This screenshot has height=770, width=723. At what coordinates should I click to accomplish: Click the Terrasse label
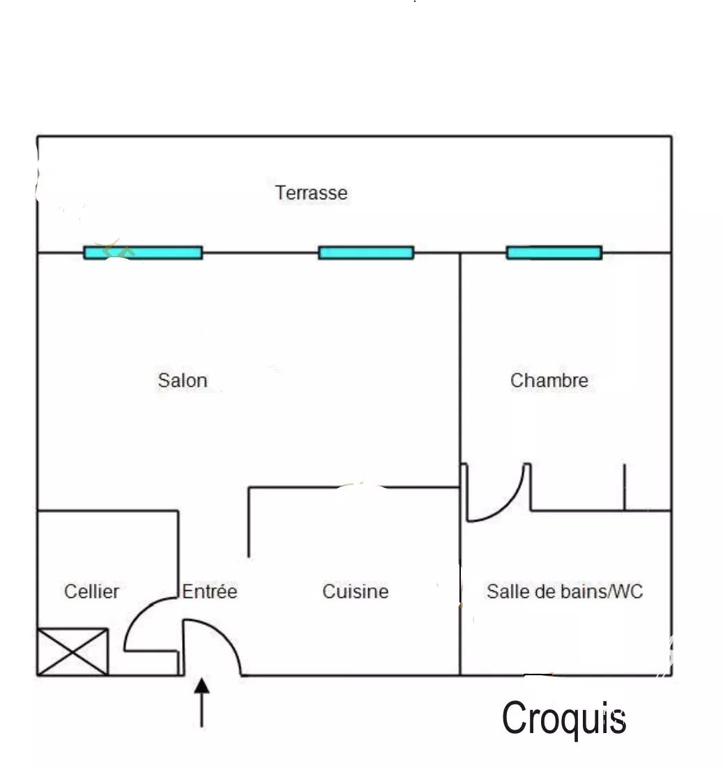(311, 192)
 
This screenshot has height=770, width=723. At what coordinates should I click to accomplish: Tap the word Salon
(183, 380)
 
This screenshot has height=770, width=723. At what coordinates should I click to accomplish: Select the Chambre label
(549, 380)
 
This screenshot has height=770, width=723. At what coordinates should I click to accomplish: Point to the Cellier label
(92, 591)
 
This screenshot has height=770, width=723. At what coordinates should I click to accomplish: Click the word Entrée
(210, 591)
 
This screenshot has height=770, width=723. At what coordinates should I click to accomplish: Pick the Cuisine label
(356, 591)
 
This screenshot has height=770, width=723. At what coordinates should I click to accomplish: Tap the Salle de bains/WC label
(565, 591)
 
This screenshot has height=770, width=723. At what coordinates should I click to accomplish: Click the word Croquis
(564, 718)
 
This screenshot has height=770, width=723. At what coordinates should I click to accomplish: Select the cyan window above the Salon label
(143, 253)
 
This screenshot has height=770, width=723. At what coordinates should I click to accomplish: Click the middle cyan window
(367, 253)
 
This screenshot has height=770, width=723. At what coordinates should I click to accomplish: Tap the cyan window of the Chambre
(554, 253)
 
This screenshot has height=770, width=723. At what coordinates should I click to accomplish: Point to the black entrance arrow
(202, 702)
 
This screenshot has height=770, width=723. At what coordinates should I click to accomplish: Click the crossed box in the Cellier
(73, 652)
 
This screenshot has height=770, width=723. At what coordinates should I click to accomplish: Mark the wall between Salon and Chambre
(460, 358)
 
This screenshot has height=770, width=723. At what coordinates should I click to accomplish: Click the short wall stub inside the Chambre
(624, 487)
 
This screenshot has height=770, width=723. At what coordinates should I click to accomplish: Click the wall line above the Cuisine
(353, 487)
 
